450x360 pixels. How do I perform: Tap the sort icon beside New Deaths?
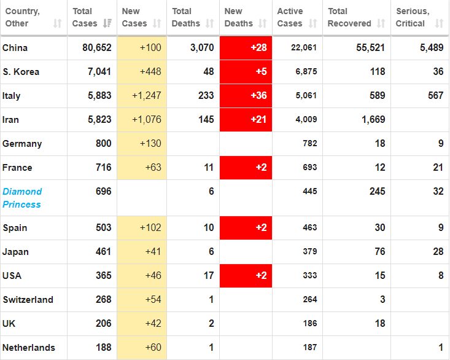(262, 23)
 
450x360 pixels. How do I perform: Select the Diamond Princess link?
(22, 198)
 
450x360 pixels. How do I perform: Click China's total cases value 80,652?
(97, 48)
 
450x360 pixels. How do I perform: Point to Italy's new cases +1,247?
(146, 96)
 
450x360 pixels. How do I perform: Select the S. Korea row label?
(21, 72)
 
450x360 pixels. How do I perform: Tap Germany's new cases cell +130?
(150, 144)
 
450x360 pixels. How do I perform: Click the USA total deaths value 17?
(209, 276)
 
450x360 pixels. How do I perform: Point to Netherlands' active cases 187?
(309, 348)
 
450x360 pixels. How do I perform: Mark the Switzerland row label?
(28, 300)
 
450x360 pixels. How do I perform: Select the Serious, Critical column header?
(413, 17)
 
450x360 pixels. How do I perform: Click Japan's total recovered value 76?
(379, 252)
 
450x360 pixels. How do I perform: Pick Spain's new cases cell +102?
(150, 228)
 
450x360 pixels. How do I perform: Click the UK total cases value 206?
(103, 324)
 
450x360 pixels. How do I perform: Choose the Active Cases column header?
(290, 17)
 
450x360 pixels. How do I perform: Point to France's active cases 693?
(309, 168)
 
